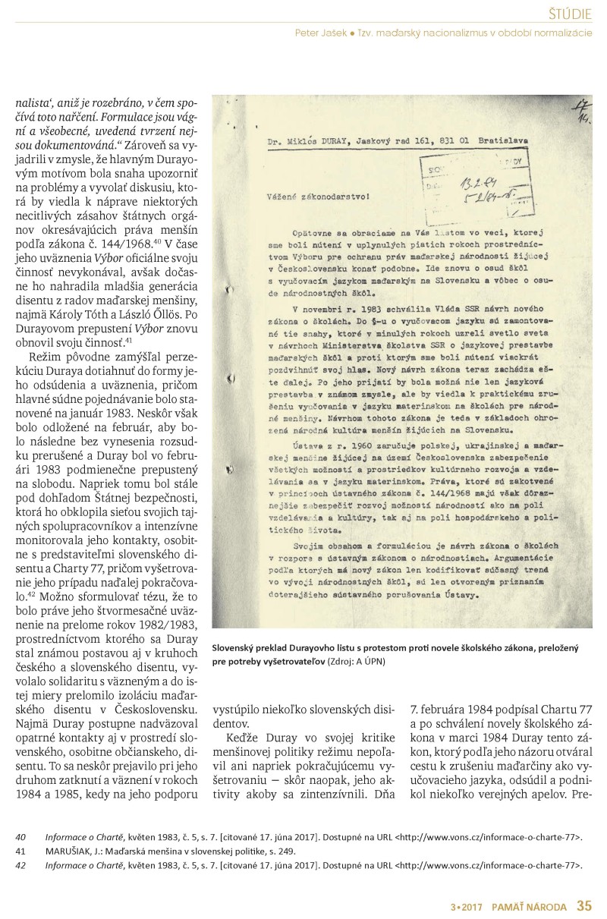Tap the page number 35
click(583, 905)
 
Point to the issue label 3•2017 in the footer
click(464, 905)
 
